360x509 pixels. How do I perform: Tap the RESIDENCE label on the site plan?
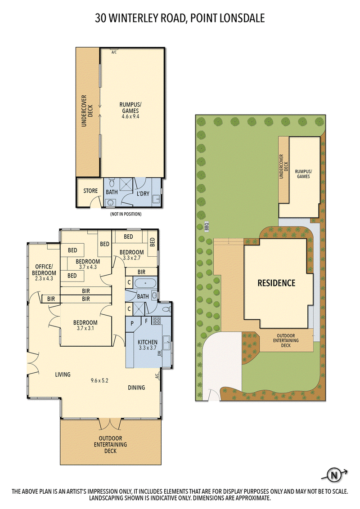tap(276, 283)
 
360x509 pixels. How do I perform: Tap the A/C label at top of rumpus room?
tap(114, 52)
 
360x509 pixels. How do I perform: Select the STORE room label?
tap(90, 191)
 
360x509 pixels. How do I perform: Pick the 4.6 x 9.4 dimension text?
tap(130, 116)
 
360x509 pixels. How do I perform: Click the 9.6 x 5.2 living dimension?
tap(99, 380)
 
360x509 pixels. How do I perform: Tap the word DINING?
tap(136, 388)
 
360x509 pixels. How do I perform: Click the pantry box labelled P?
tap(132, 323)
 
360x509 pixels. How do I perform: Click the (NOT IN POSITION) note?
tap(126, 214)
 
